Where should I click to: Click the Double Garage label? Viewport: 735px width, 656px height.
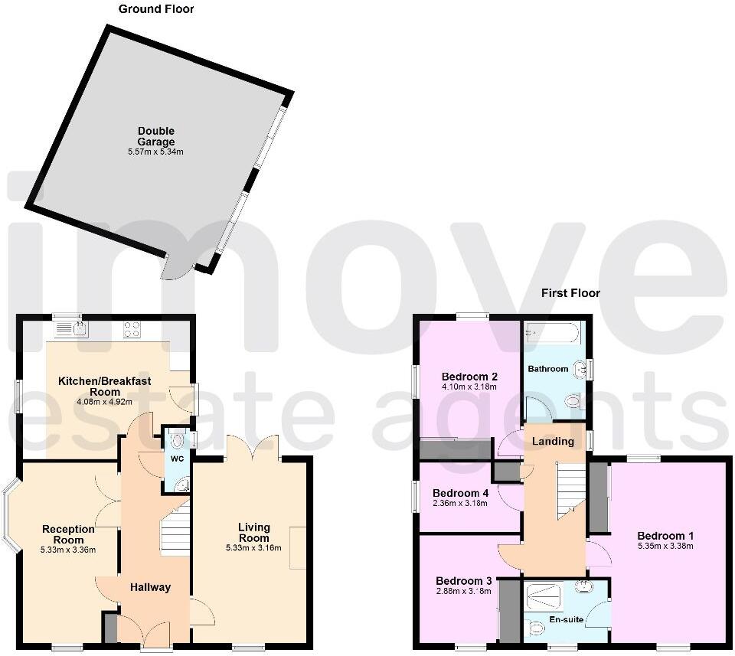coord(156,136)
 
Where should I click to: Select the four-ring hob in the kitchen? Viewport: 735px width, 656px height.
coord(132,329)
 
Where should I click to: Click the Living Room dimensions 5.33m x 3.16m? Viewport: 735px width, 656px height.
coord(253,548)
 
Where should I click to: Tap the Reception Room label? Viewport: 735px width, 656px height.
coord(68,534)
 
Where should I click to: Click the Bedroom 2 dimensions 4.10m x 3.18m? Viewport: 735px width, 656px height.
coord(469,387)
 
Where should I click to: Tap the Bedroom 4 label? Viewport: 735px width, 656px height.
coord(460,493)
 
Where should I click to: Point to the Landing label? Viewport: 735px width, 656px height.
coord(553,442)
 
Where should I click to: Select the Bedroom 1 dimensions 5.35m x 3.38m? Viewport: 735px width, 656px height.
coord(665,547)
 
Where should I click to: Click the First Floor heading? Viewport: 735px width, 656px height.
coord(570,293)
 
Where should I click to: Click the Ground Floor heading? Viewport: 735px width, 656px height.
coord(156,9)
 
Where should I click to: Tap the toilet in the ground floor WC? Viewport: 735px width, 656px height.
coord(178,441)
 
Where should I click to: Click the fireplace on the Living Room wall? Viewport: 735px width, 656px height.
coord(298,547)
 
